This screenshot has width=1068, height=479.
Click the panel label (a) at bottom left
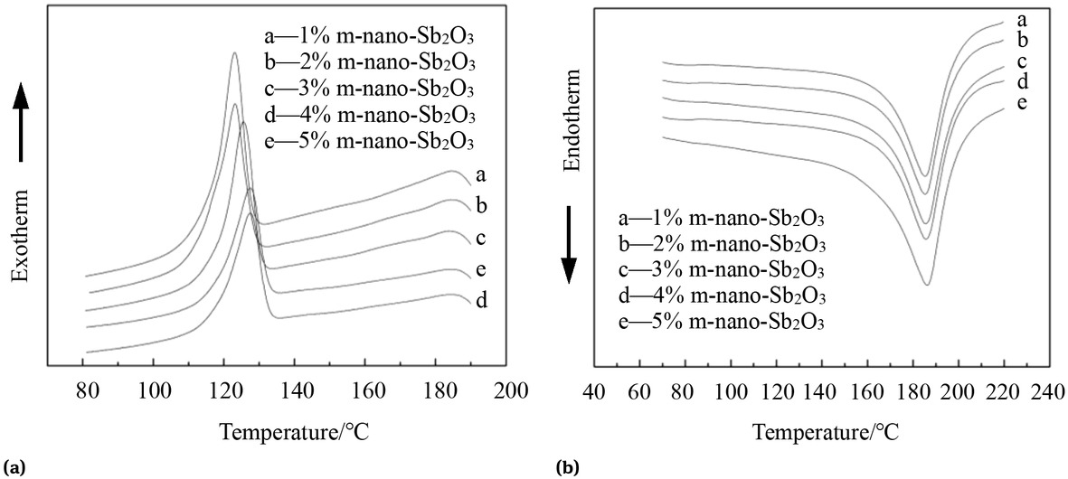(x=14, y=468)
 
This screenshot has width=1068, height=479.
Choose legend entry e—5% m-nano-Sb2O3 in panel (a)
(x=366, y=141)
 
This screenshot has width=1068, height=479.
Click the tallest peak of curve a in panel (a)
(x=234, y=52)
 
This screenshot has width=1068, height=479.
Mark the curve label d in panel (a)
(x=481, y=300)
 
